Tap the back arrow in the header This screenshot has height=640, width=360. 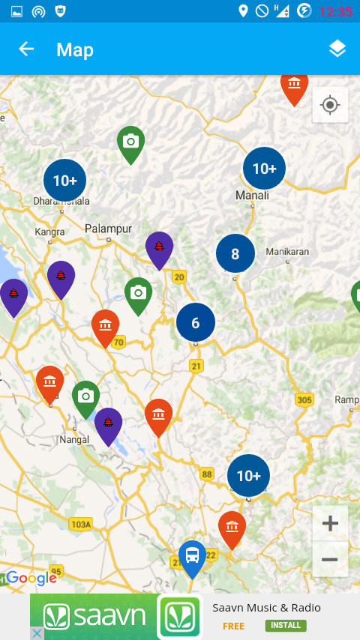click(x=26, y=49)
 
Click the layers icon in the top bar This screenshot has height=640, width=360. click(x=337, y=49)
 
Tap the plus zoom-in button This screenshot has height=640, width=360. click(x=330, y=523)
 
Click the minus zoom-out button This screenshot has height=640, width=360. click(x=330, y=559)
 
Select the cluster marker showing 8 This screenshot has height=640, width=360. click(x=235, y=254)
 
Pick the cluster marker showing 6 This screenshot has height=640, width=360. click(x=196, y=323)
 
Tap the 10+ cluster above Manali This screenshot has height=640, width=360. click(x=264, y=169)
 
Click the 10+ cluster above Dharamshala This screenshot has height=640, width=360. click(x=65, y=181)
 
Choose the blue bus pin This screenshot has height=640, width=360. click(x=193, y=556)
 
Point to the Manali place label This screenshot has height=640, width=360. click(x=252, y=196)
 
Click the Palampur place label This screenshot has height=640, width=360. click(x=108, y=229)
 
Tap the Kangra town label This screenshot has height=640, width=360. click(x=49, y=232)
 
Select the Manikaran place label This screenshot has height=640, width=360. click(x=287, y=252)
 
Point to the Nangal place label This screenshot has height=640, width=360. click(x=74, y=440)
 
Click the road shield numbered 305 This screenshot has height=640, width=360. click(x=304, y=399)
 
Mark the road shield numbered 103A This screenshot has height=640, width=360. click(x=80, y=525)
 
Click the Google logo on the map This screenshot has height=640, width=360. click(x=31, y=579)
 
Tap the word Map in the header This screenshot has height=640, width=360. click(x=75, y=50)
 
